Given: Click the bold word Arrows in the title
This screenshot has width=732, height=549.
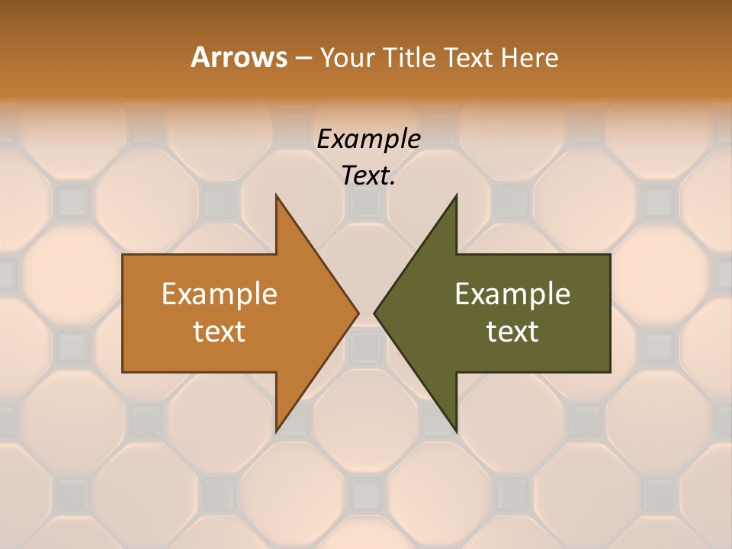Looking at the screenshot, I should pyautogui.click(x=239, y=57).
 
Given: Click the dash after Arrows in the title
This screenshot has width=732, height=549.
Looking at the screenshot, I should pyautogui.click(x=302, y=59).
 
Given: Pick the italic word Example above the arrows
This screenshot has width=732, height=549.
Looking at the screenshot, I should pyautogui.click(x=368, y=139).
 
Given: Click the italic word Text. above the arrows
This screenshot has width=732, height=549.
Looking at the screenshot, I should pyautogui.click(x=368, y=175).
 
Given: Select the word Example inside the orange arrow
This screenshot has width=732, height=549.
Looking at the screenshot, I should pyautogui.click(x=220, y=294).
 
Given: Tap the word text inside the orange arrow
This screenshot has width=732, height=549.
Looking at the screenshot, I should pyautogui.click(x=220, y=331).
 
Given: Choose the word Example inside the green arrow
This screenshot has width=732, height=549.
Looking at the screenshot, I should pyautogui.click(x=512, y=294).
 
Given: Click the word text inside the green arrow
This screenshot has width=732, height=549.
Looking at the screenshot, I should pyautogui.click(x=512, y=331).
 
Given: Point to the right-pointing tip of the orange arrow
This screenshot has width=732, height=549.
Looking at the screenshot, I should pyautogui.click(x=358, y=313).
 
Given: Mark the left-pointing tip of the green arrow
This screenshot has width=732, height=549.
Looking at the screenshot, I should pyautogui.click(x=374, y=313).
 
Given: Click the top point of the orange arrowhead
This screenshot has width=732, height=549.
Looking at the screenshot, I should pyautogui.click(x=276, y=195).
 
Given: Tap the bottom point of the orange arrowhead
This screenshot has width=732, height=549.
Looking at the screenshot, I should pyautogui.click(x=276, y=431).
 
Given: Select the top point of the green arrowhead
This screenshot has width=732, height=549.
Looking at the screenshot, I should pyautogui.click(x=457, y=195).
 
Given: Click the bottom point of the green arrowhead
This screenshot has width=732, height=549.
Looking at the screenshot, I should pyautogui.click(x=457, y=431).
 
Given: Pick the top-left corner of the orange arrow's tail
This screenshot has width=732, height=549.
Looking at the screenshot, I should pyautogui.click(x=123, y=255).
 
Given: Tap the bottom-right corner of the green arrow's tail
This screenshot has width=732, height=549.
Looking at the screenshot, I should pyautogui.click(x=610, y=372).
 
